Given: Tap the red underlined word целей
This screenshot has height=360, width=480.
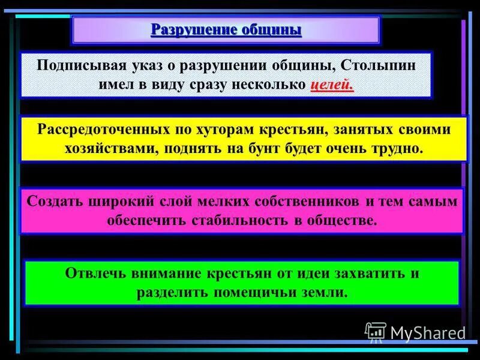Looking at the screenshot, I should [x=332, y=85].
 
